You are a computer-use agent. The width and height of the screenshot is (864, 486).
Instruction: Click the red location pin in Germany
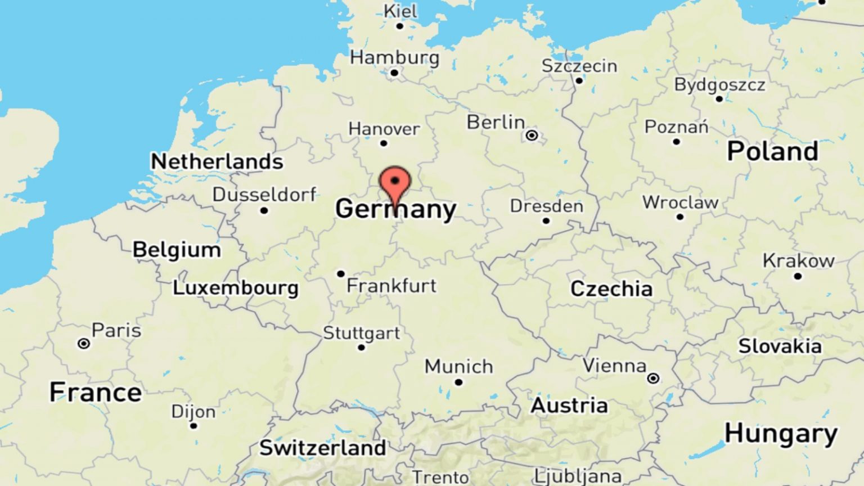[x=395, y=183]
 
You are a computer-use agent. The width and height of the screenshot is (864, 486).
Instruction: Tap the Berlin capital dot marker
[x=532, y=135]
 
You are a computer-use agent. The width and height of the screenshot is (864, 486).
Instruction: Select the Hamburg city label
[x=394, y=57]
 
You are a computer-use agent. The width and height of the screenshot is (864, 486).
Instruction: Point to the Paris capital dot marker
[x=84, y=343]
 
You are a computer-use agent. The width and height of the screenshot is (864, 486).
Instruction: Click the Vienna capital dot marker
[x=653, y=379]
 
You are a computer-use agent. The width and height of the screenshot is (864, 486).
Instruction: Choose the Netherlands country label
[x=217, y=162]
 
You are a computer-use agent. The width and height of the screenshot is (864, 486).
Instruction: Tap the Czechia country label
[x=611, y=289]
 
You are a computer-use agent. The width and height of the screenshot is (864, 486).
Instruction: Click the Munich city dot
[x=458, y=382]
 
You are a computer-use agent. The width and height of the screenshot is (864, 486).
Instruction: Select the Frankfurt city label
[x=391, y=286]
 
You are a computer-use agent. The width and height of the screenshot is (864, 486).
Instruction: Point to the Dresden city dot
[x=546, y=220]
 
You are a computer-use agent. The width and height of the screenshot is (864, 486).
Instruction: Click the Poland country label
[x=772, y=151]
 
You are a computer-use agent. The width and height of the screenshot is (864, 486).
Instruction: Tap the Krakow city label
[x=798, y=261]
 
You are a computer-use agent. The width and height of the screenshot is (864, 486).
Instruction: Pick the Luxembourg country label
[x=235, y=288]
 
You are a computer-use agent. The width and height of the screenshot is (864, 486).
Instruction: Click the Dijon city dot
[x=193, y=426]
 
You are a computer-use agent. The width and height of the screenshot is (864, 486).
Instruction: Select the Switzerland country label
[x=323, y=448]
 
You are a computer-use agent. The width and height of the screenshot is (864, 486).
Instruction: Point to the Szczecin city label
[x=579, y=66]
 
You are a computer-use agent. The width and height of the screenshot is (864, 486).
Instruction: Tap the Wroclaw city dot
[x=680, y=217]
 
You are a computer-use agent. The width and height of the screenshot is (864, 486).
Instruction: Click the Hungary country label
[x=781, y=434]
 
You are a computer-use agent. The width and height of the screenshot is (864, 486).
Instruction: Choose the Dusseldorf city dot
[x=264, y=210]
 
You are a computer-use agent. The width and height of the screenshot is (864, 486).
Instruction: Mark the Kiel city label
[x=400, y=11]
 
